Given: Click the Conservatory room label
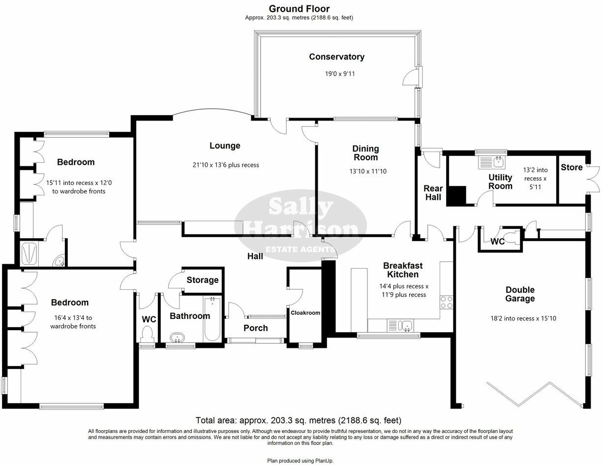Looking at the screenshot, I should (336, 57).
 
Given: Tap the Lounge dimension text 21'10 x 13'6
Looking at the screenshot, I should (226, 165).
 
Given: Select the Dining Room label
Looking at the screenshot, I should (365, 153).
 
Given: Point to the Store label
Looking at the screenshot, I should (572, 167).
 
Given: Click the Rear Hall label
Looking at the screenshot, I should (433, 192).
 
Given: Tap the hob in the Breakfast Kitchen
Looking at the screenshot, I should (446, 302).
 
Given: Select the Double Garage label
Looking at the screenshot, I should (520, 294).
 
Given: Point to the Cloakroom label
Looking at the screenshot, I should (305, 312).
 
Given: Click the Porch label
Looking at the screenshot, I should (256, 328).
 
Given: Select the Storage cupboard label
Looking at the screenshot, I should (202, 280).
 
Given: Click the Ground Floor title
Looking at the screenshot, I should (299, 8).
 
